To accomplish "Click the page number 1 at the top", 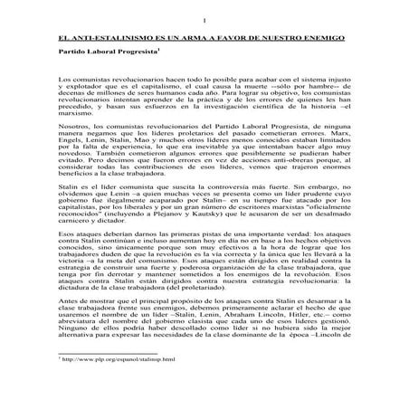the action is pos(204,19).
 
